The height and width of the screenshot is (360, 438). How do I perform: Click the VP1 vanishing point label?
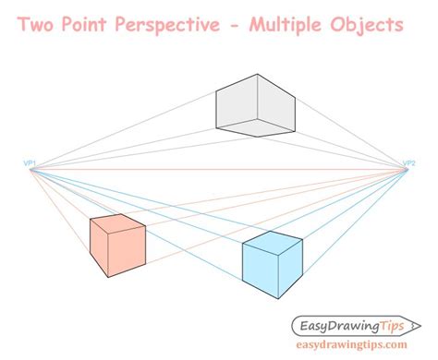(x=30, y=163)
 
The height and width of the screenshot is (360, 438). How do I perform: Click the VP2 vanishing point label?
(x=408, y=163)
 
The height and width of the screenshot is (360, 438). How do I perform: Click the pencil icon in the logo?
(x=401, y=324)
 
